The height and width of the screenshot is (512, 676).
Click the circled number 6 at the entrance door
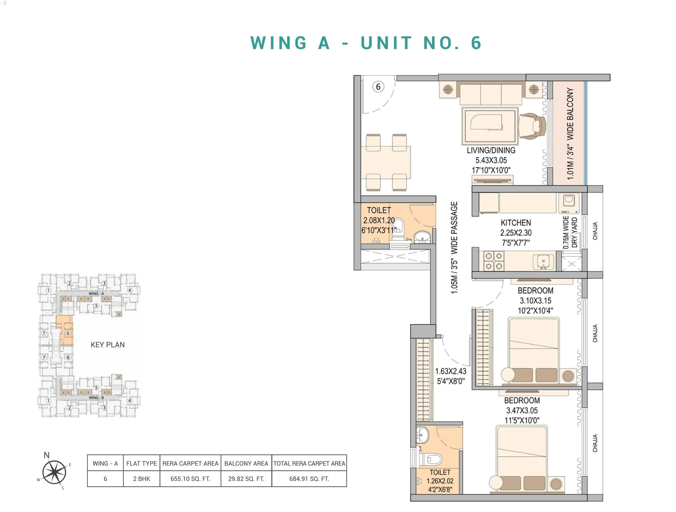pyautogui.click(x=378, y=87)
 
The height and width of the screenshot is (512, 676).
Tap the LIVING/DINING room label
pyautogui.click(x=491, y=150)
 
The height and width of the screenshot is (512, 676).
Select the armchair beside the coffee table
pyautogui.click(x=532, y=126)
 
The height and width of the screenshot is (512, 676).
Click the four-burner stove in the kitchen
pyautogui.click(x=493, y=261)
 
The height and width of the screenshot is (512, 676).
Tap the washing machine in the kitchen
pyautogui.click(x=569, y=203)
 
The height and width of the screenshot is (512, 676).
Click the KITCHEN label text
pyautogui.click(x=515, y=223)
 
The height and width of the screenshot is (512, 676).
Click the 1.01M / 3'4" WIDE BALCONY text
pyautogui.click(x=570, y=133)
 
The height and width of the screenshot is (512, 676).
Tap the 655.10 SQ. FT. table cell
pyautogui.click(x=190, y=479)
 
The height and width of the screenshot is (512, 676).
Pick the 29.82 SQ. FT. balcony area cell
pyautogui.click(x=246, y=479)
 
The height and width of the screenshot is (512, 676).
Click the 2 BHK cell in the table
pyautogui.click(x=141, y=479)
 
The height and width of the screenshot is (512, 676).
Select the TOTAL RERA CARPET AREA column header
pyautogui.click(x=309, y=464)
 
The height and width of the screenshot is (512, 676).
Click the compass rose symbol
pyautogui.click(x=54, y=472)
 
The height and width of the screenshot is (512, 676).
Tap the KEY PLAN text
pyautogui.click(x=108, y=345)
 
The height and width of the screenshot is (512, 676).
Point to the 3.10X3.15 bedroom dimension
pyautogui.click(x=535, y=300)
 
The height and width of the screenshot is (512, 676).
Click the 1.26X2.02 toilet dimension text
pyautogui.click(x=440, y=481)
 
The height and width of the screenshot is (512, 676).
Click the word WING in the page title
pyautogui.click(x=278, y=43)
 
